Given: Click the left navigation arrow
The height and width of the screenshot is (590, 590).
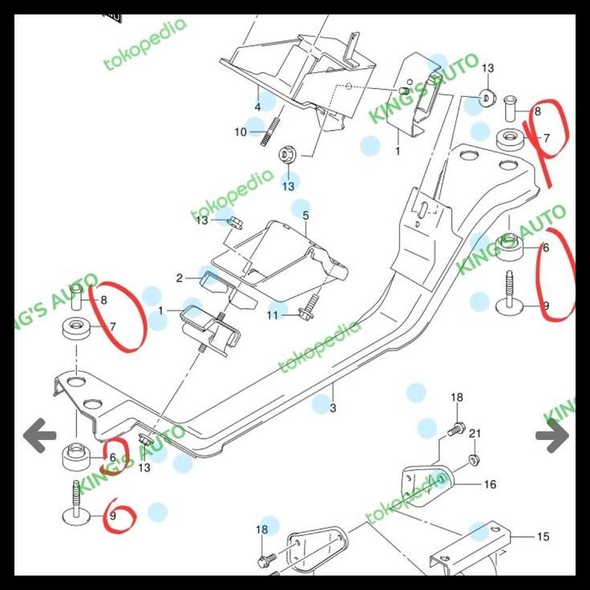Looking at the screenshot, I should tap(39, 436).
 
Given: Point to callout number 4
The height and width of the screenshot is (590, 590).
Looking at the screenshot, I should tap(258, 107).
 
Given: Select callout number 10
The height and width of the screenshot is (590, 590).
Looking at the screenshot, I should tap(240, 132).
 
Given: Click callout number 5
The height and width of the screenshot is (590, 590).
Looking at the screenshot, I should tap(305, 216).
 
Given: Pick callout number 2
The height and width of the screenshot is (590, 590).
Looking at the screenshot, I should tap(180, 279).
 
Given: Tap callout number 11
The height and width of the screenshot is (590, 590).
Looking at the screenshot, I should tap(273, 316).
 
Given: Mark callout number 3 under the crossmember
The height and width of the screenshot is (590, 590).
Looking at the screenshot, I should tap(333, 409).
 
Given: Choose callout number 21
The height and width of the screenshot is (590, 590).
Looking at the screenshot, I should tap(475, 434).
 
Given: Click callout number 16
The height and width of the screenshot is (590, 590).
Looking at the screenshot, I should tap(490, 484).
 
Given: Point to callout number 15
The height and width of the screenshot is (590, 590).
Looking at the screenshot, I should tap(543, 536).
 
